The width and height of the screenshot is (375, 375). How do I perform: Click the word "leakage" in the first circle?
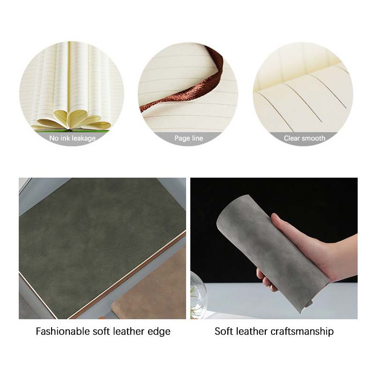pyautogui.click(x=83, y=138)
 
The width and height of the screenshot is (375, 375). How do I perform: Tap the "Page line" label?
pyautogui.click(x=189, y=138)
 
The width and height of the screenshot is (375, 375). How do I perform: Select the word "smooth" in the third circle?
pyautogui.click(x=313, y=138)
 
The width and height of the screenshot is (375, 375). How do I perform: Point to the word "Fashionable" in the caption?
pyautogui.click(x=62, y=331)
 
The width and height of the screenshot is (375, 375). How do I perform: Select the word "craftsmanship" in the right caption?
pyautogui.click(x=302, y=332)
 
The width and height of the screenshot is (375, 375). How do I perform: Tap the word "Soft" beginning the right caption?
pyautogui.click(x=224, y=331)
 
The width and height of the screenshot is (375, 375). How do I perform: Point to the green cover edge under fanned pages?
pyautogui.click(x=72, y=131)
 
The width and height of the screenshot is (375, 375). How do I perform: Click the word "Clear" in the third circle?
pyautogui.click(x=292, y=138)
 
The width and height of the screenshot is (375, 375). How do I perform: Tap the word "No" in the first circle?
pyautogui.click(x=54, y=138)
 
